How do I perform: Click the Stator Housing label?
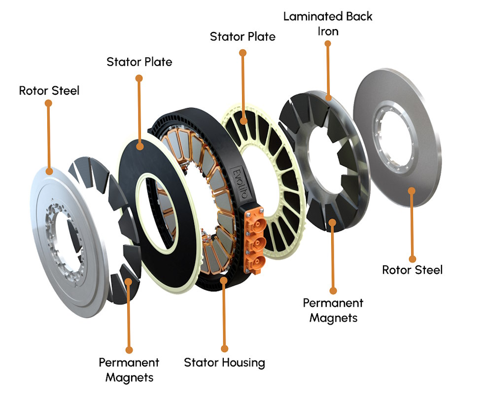(224, 363)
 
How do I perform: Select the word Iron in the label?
(327, 31)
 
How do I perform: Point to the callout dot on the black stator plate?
(140, 146)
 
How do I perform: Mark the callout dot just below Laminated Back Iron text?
(327, 43)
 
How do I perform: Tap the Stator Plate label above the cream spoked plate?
(242, 36)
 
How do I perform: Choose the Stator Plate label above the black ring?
(139, 62)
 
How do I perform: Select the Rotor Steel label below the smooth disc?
(412, 270)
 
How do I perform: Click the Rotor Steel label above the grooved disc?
(49, 91)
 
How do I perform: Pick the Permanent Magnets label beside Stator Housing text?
(129, 370)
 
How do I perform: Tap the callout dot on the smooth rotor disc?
(412, 190)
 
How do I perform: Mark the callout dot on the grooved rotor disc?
(49, 171)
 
